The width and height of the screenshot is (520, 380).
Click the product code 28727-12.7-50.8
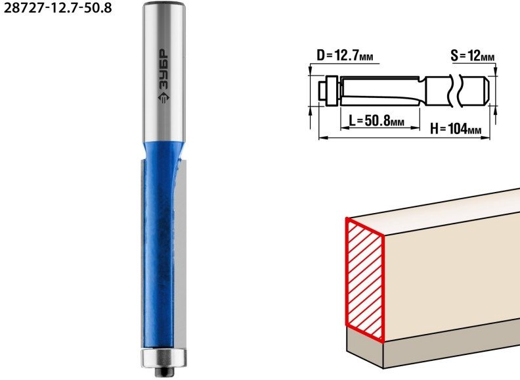point(58,8)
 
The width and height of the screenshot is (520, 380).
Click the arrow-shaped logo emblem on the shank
point(163,97)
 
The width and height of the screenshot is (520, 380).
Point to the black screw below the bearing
point(163,371)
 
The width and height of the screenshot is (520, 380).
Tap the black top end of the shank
point(164,4)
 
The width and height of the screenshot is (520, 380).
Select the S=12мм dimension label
point(473,55)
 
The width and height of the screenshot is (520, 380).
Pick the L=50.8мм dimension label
point(377,120)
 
